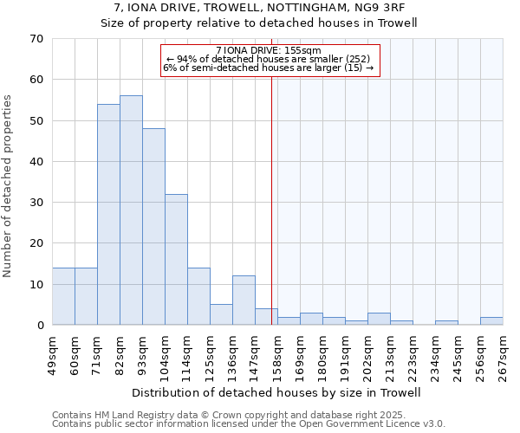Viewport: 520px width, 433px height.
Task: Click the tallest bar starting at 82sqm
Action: coord(131,210)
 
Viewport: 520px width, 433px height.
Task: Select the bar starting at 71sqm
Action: coord(108,215)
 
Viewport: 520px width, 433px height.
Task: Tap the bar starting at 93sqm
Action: coord(153,227)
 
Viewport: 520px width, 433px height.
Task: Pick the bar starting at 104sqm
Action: coord(176,260)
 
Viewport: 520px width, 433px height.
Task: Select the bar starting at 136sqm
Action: coord(244,301)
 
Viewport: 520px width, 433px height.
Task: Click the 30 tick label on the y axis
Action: coord(36,203)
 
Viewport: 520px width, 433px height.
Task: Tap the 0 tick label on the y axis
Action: coord(39,326)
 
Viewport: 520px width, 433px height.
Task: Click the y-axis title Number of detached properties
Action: coord(9,186)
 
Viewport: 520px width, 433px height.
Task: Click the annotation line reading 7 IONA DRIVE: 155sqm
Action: coord(269,50)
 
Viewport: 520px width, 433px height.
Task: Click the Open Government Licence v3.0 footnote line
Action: coord(249,423)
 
